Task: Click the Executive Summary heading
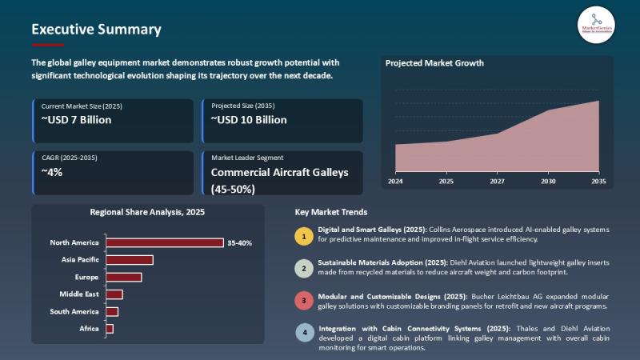[x=96, y=30]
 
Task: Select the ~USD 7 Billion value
[x=76, y=120]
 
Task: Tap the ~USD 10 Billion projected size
[x=249, y=120]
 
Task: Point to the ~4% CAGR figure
[x=52, y=172]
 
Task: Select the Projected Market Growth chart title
[x=434, y=63]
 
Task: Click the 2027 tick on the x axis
[x=497, y=182]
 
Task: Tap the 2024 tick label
[x=395, y=182]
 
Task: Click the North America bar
[x=165, y=242]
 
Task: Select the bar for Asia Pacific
[x=130, y=260]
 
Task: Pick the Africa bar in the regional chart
[x=110, y=329]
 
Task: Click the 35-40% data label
[x=239, y=242]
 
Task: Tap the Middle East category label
[x=79, y=294]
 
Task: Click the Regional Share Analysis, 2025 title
[x=147, y=213]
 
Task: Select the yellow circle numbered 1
[x=304, y=236]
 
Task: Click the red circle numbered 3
[x=304, y=301]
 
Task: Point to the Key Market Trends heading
[x=331, y=213]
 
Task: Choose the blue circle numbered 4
[x=304, y=333]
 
